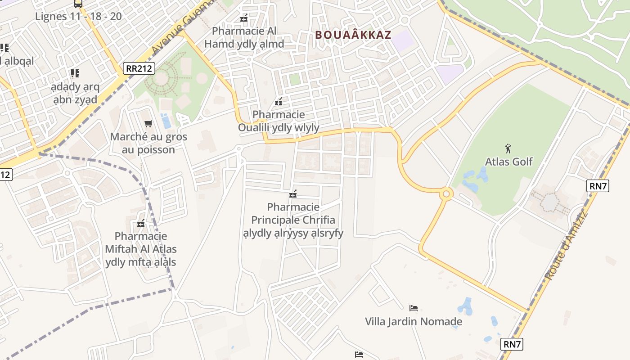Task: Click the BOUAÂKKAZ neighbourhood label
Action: [x=353, y=35]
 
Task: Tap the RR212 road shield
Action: [x=139, y=68]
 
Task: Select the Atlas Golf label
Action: [x=508, y=162]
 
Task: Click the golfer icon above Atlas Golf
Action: [x=508, y=148]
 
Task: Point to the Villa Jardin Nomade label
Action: [x=413, y=321]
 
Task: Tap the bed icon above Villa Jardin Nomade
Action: [x=413, y=308]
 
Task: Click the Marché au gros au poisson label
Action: [x=148, y=143]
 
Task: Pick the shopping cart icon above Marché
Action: [x=148, y=123]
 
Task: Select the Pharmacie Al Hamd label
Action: [x=244, y=37]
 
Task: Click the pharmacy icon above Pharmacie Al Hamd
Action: [x=244, y=18]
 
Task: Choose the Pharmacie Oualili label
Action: [x=279, y=121]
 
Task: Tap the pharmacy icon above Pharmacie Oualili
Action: [x=279, y=102]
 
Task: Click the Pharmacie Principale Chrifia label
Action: [x=293, y=220]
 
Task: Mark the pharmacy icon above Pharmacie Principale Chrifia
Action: [x=293, y=194]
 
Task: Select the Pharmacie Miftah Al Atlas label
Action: [x=141, y=249]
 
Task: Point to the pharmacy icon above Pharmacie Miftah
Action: [x=141, y=223]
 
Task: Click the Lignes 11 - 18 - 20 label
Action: [x=78, y=17]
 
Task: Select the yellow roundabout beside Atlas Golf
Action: [x=446, y=194]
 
